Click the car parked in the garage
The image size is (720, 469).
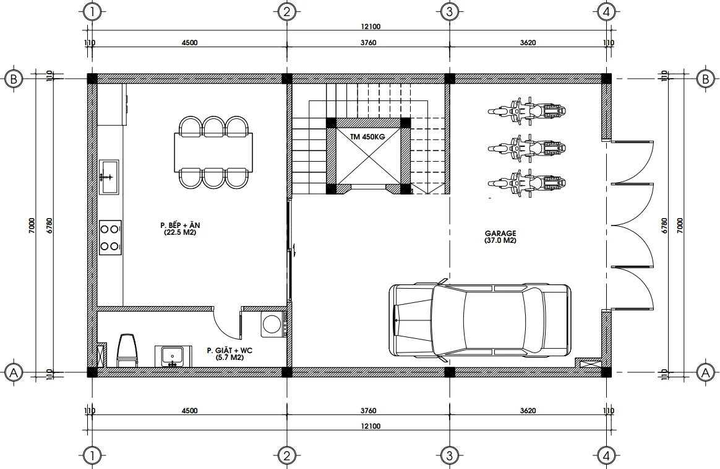[x=480, y=320]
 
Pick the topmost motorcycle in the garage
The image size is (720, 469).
[x=526, y=111]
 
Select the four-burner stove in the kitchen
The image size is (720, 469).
[x=111, y=237]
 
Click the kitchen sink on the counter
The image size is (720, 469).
[x=110, y=177]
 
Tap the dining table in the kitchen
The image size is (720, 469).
[x=213, y=151]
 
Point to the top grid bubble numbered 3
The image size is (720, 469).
[x=450, y=12]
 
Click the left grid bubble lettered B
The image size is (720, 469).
[x=13, y=79]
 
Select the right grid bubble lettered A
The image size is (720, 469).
[x=705, y=372]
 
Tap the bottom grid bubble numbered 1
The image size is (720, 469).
[x=92, y=457]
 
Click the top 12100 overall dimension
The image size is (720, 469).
[x=371, y=26]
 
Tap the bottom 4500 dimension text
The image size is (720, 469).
[x=189, y=411]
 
